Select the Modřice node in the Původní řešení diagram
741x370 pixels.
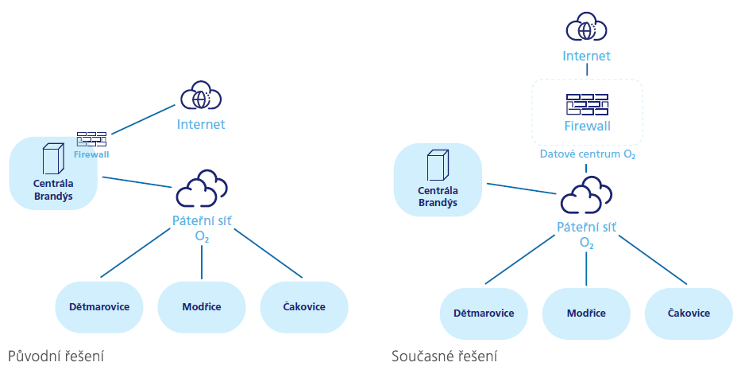click(201, 306)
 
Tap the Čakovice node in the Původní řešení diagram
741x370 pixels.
click(304, 306)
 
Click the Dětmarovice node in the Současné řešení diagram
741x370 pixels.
click(484, 313)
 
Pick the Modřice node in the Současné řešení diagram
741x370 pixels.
click(586, 313)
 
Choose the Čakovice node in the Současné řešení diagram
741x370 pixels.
click(689, 313)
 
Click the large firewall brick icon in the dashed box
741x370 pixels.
click(586, 104)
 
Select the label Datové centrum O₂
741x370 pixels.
click(586, 154)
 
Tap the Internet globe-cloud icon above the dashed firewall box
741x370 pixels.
click(586, 29)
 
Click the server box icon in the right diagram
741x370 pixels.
click(438, 166)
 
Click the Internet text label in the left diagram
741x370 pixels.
click(201, 124)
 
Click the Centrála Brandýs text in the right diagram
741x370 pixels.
click(438, 197)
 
